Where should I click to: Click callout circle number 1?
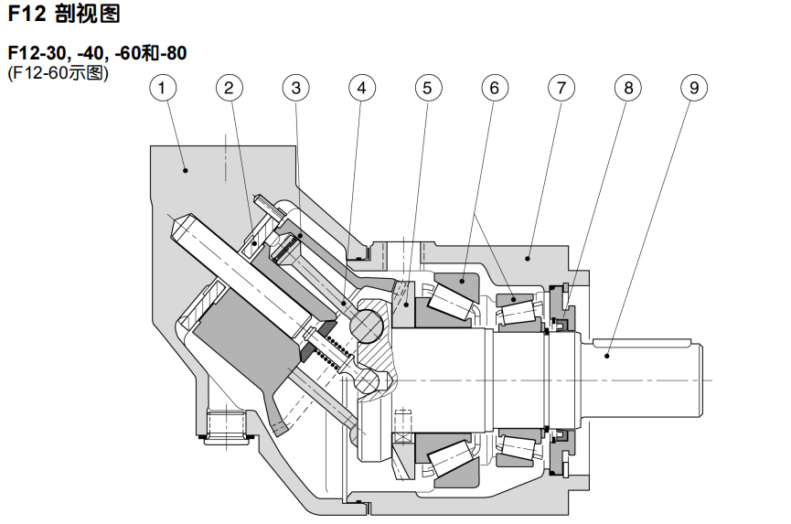tap(163, 88)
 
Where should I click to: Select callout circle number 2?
tap(230, 88)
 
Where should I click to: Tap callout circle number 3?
tap(295, 88)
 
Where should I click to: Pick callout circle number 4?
tap(362, 88)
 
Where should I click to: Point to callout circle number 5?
tap(428, 88)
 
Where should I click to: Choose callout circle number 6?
tap(495, 88)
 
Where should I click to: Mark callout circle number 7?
tap(561, 88)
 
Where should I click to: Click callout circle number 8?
tap(628, 88)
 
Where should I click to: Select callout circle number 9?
tap(694, 88)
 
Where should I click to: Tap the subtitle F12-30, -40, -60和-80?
tap(97, 53)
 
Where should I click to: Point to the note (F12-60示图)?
tap(58, 72)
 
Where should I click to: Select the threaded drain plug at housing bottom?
tap(226, 426)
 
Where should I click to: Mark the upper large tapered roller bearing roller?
tap(447, 299)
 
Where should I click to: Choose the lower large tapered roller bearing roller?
tap(447, 459)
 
